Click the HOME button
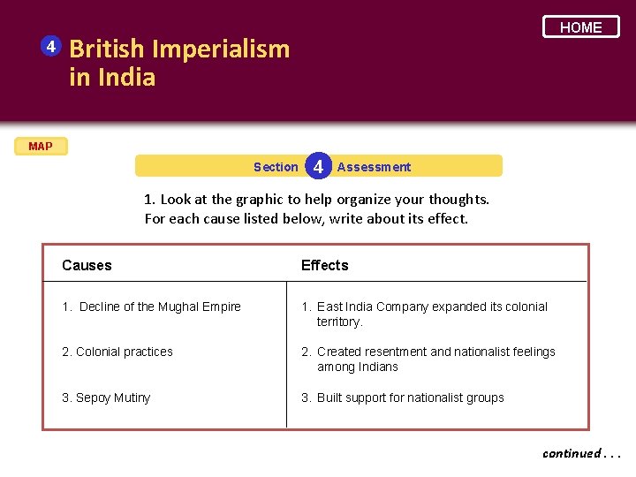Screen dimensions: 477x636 pos(580,27)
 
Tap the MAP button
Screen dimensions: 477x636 pos(40,147)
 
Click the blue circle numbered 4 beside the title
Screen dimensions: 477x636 pos(51,45)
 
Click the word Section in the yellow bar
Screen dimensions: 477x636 pos(276,167)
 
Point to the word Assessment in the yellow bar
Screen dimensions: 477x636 pos(374,167)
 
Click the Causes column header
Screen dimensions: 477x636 pos(87,265)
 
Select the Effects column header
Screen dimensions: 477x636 pos(324,265)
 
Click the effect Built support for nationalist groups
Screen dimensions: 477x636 pos(410,397)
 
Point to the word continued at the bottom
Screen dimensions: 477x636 pos(570,453)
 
